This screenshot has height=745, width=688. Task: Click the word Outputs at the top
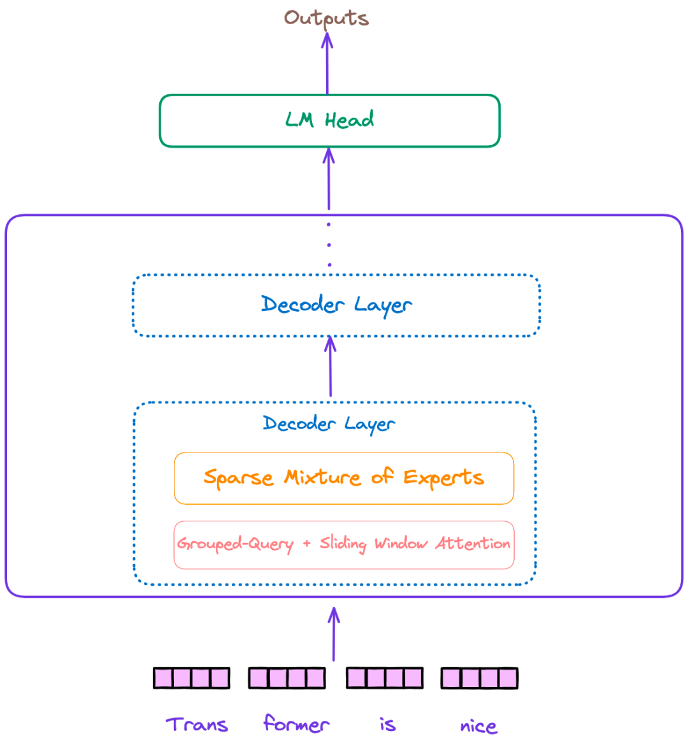click(326, 18)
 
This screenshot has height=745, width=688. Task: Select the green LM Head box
click(329, 121)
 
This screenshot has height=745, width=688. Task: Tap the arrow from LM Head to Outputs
click(327, 64)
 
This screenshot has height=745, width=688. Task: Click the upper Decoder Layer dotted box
click(336, 305)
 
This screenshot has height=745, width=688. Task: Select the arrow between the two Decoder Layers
click(330, 367)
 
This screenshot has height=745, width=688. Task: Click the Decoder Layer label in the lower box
click(329, 424)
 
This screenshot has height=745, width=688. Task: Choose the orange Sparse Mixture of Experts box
click(343, 478)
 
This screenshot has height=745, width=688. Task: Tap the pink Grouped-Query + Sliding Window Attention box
click(343, 545)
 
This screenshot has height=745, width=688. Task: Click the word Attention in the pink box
click(473, 544)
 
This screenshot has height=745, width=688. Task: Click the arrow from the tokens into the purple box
click(334, 634)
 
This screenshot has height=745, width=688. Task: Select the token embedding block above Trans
click(191, 678)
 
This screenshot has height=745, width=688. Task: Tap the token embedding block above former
click(287, 678)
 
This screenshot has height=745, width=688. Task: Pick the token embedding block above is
click(384, 678)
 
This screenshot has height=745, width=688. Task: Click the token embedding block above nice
click(479, 678)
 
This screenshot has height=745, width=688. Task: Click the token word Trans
click(197, 725)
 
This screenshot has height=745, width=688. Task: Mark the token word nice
click(478, 726)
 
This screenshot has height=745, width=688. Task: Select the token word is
click(387, 725)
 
